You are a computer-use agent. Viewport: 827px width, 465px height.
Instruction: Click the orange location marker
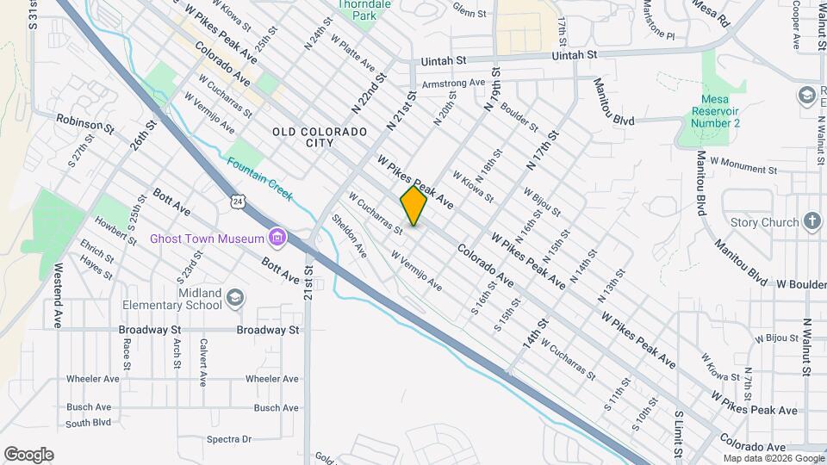(x=413, y=206)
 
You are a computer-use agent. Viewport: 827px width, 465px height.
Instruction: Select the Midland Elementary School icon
(x=235, y=299)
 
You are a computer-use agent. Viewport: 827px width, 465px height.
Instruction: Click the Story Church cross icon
(x=811, y=222)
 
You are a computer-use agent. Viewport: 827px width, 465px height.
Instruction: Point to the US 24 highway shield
(x=238, y=201)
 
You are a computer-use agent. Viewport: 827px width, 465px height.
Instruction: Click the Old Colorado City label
(x=320, y=138)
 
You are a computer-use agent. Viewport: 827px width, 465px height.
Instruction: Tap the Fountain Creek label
(x=260, y=179)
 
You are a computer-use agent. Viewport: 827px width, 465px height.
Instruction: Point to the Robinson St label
(x=85, y=124)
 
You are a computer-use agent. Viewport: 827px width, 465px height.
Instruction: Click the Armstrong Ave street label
(x=454, y=83)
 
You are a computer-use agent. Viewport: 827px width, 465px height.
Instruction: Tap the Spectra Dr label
(x=228, y=439)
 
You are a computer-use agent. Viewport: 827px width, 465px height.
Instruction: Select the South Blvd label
(x=89, y=423)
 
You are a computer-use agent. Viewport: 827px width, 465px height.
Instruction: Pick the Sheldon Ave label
(x=350, y=235)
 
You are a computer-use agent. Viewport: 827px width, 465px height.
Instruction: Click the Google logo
(x=28, y=455)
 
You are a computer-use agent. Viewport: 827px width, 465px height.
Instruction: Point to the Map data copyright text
(x=773, y=459)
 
